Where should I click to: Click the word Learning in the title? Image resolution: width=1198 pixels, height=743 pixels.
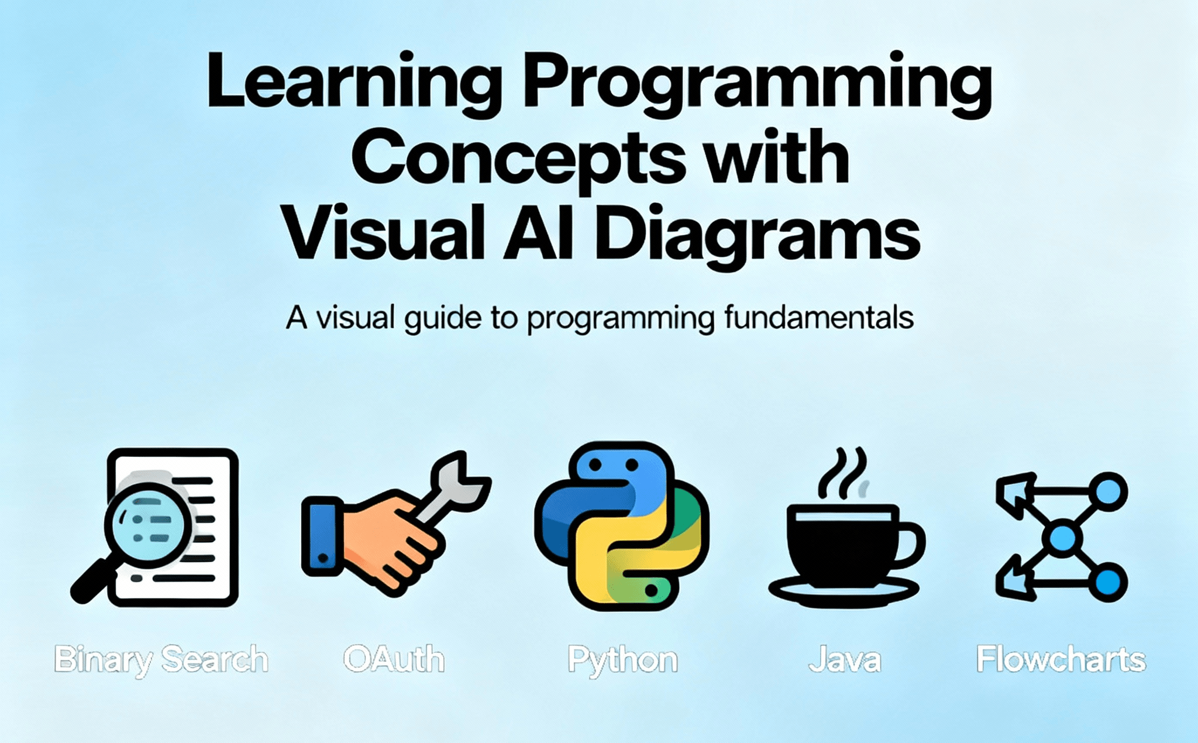(x=354, y=82)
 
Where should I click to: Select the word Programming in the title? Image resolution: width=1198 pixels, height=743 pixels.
(x=757, y=82)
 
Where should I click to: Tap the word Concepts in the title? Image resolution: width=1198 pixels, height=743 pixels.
(x=518, y=158)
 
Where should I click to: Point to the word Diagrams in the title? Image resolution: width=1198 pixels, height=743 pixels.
(x=757, y=234)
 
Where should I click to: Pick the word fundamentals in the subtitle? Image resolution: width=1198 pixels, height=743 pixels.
(x=818, y=318)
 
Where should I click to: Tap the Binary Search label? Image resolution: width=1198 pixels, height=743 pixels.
(x=161, y=659)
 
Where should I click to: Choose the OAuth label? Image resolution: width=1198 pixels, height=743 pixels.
(x=394, y=659)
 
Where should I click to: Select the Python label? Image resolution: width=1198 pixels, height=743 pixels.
(x=622, y=660)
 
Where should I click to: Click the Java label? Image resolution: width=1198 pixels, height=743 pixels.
(x=845, y=660)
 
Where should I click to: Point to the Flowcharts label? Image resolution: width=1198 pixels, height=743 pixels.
(x=1061, y=659)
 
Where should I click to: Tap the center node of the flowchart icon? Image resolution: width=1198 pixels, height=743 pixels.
(x=1062, y=538)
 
